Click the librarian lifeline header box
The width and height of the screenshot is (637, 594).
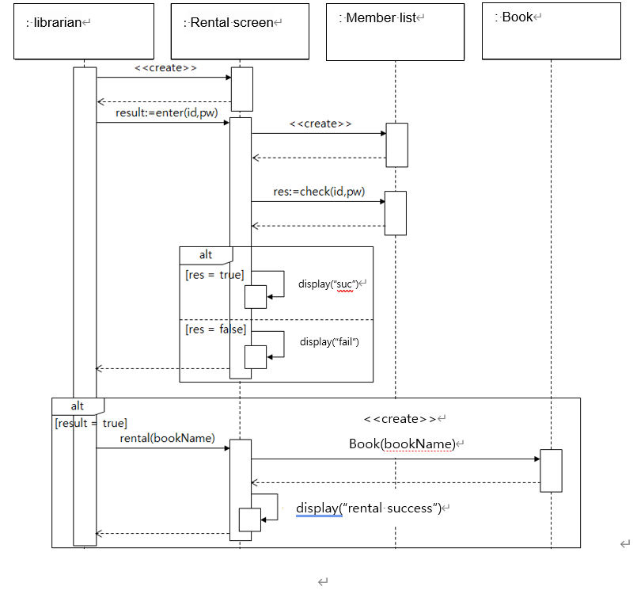click(84, 31)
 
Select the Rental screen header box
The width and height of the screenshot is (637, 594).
click(240, 31)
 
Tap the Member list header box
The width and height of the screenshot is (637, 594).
click(395, 31)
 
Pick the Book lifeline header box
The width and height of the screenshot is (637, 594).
click(551, 31)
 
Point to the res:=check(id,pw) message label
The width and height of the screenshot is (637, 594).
click(319, 191)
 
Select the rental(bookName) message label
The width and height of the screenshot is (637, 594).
click(167, 438)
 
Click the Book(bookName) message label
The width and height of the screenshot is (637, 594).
click(402, 444)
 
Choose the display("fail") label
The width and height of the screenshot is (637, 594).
click(329, 342)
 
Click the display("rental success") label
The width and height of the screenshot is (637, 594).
click(368, 508)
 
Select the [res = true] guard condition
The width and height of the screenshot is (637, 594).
click(214, 275)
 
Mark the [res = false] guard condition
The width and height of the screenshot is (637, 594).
click(215, 329)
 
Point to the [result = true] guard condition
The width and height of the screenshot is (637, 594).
click(90, 424)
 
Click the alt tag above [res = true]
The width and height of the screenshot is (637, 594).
click(206, 255)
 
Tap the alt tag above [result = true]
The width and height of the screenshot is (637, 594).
click(78, 406)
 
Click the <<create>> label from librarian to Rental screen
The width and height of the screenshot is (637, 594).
click(165, 68)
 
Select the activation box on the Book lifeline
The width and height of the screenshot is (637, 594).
click(551, 470)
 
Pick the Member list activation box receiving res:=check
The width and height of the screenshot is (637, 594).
click(395, 213)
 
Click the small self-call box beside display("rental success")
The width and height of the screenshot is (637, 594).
click(250, 520)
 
